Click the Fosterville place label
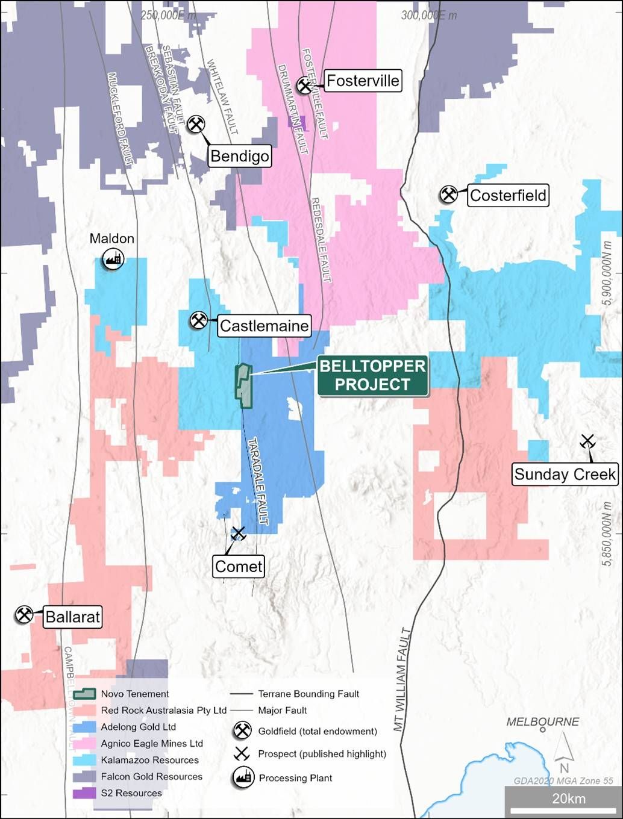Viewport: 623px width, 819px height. point(363,81)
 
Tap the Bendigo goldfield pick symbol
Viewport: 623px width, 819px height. point(196,125)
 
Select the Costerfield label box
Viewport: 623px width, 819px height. point(508,196)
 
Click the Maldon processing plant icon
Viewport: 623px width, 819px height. point(113,260)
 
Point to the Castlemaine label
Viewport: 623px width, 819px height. point(264,326)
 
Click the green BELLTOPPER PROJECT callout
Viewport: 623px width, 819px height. point(372,375)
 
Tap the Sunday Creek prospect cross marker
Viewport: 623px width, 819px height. point(587,442)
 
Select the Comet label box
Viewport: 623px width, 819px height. point(239,567)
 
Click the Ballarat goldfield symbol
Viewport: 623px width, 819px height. point(24,615)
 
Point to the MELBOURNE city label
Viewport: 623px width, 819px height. point(542,721)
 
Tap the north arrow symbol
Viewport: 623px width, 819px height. point(564,753)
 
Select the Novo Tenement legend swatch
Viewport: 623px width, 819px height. point(84,694)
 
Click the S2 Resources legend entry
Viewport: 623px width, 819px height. point(131,793)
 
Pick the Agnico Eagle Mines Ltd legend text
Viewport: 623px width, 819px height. point(152,744)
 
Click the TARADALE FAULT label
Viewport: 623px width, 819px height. point(257,480)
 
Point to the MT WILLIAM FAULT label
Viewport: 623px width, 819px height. point(402,679)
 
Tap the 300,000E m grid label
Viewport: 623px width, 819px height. point(428,15)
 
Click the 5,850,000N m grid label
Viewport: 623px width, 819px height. point(607,534)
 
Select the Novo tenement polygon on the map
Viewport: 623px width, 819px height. point(243,386)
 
